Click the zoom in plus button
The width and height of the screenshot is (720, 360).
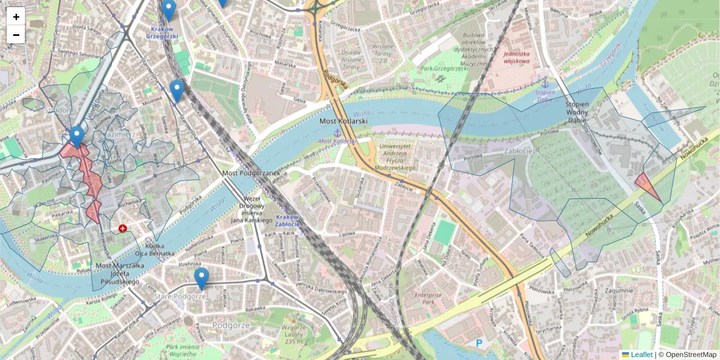pos(16,17)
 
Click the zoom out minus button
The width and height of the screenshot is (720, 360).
pos(16,35)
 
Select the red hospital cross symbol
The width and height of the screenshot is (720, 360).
pos(122,229)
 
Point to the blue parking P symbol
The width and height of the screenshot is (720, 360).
pos(479,343)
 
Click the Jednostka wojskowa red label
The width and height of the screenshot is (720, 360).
pos(516,57)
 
